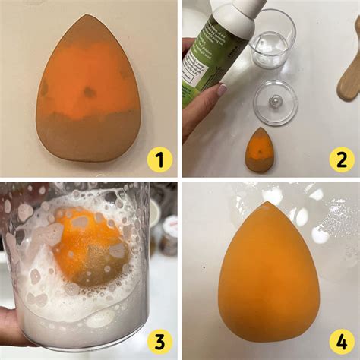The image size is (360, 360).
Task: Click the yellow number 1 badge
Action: coord(159,159)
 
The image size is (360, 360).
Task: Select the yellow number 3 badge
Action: coord(159,341)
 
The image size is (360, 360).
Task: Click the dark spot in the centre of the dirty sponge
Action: coord(89,92)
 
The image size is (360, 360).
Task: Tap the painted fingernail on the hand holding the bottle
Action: coord(222,90)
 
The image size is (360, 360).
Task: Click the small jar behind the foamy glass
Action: coord(169,232)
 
